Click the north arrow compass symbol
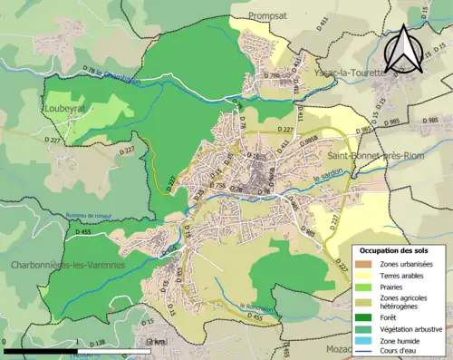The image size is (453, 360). click(403, 50)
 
